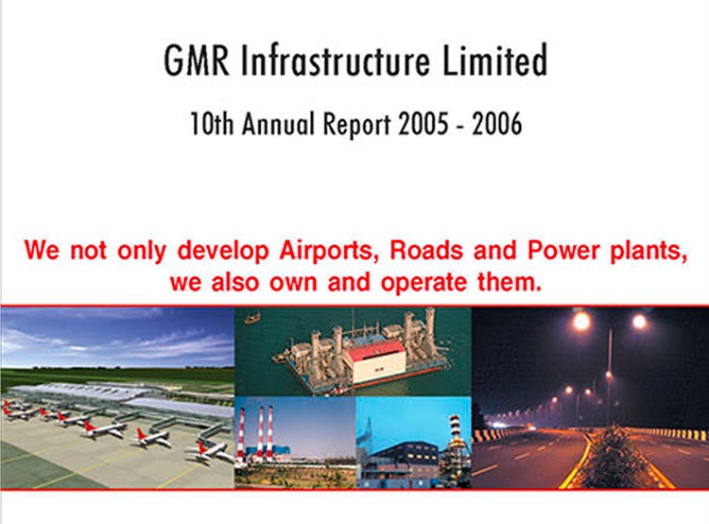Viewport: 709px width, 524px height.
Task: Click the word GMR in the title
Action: tap(197, 61)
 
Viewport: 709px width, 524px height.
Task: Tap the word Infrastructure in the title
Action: tap(335, 61)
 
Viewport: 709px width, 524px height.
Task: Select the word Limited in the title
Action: tap(494, 60)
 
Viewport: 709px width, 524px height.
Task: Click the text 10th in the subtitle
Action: tap(212, 124)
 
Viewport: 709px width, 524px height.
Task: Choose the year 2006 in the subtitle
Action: tap(497, 124)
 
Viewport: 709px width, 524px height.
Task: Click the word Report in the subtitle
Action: tap(356, 125)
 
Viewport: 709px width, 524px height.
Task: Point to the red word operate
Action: tap(424, 283)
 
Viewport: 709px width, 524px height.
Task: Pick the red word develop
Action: tap(223, 251)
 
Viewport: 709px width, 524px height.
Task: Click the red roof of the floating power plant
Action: tap(376, 351)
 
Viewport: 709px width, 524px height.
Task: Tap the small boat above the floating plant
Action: tap(252, 318)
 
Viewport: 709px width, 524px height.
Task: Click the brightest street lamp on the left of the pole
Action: tap(581, 322)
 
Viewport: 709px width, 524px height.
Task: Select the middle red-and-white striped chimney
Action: tap(261, 432)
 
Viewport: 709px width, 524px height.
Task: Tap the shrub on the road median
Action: tap(613, 457)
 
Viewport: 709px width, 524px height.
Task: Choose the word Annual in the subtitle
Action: tap(278, 124)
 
